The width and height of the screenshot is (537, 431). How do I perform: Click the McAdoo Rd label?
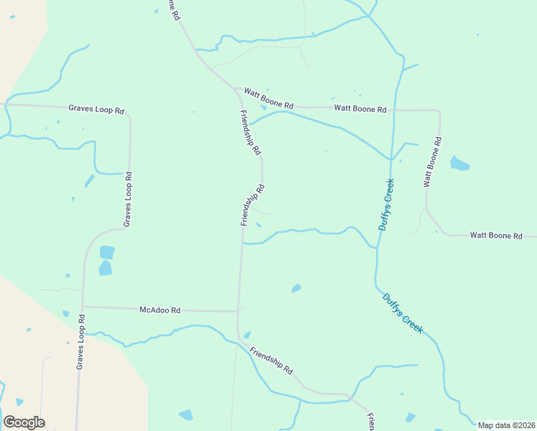coord(160,310)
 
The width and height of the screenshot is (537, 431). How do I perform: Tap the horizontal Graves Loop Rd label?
coord(96,109)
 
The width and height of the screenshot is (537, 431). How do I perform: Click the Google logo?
coord(24,422)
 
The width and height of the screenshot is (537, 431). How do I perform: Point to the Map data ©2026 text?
coord(506,425)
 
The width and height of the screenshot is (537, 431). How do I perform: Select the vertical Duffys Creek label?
coord(387,205)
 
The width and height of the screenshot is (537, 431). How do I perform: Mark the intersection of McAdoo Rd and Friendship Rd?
coord(238,312)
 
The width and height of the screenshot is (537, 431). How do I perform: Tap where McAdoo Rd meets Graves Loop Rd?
coord(83,307)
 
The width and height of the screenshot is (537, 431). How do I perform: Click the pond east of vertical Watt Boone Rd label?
coord(459,164)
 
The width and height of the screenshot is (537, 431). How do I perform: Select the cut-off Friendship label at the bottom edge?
coord(371,422)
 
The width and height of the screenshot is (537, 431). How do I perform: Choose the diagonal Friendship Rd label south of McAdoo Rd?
coord(272,361)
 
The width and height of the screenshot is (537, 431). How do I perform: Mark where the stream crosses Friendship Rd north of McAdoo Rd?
coord(242,244)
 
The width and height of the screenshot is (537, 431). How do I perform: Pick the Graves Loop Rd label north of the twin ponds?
coord(129,200)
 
